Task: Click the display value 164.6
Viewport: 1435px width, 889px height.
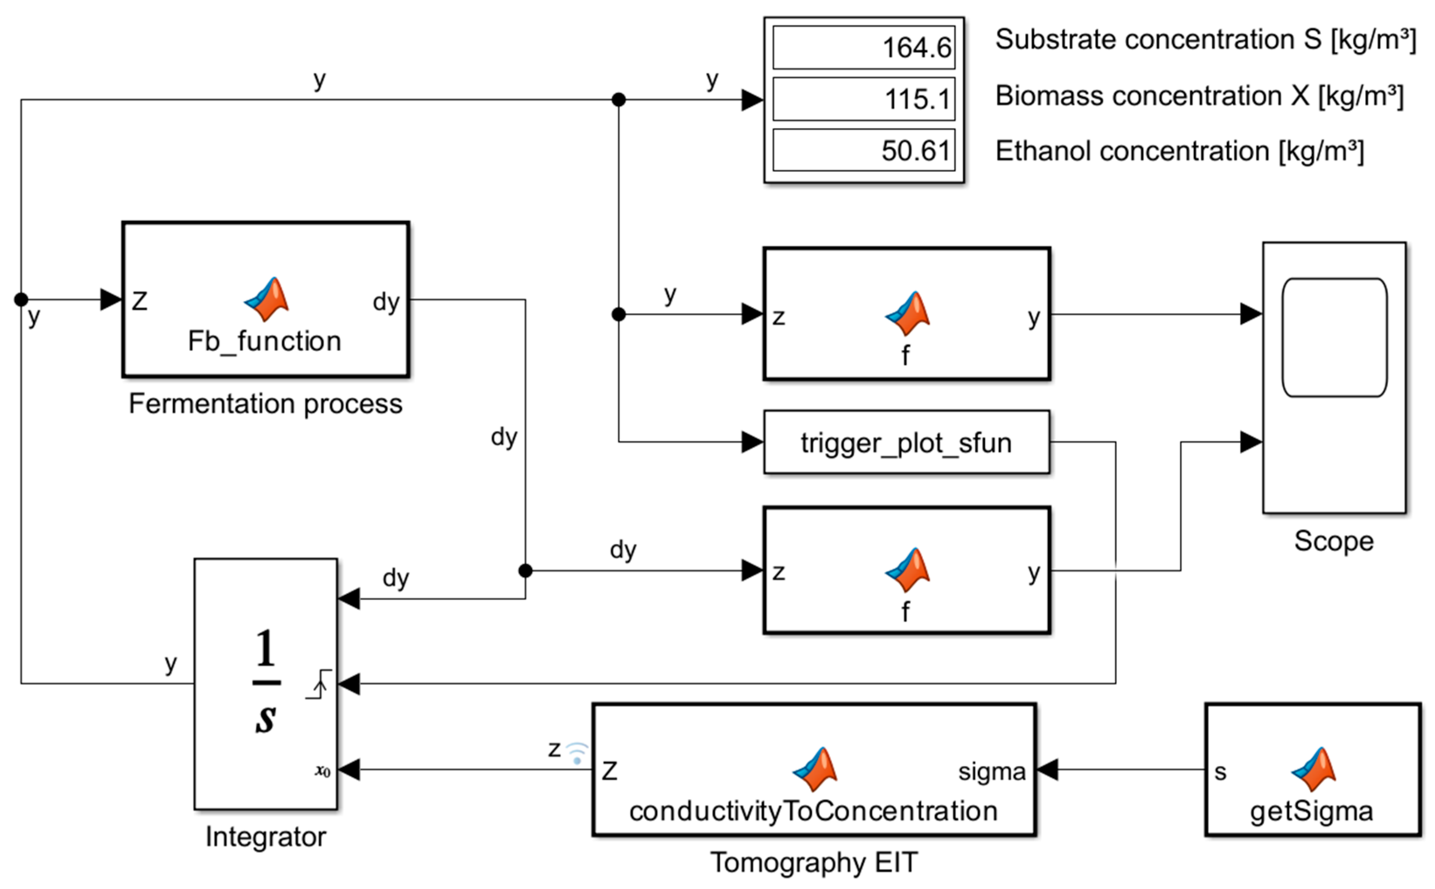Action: [916, 48]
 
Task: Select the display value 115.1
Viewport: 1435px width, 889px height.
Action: [918, 99]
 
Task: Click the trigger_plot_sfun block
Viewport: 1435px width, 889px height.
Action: [906, 442]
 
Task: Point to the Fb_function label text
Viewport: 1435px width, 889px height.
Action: [265, 341]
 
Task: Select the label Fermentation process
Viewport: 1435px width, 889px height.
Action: [266, 404]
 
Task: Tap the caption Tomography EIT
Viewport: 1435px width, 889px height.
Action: [814, 862]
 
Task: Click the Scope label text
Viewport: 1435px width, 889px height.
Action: [1334, 541]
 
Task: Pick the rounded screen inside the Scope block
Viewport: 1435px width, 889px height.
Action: [1334, 338]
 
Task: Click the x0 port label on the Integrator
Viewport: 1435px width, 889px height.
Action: [322, 770]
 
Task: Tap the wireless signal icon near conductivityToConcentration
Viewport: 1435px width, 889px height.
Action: [577, 753]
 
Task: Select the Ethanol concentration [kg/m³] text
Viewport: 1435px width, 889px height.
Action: [1179, 151]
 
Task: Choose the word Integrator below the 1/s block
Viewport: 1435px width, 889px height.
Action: [266, 837]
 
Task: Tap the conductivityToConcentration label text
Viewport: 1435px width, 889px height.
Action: [813, 811]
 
